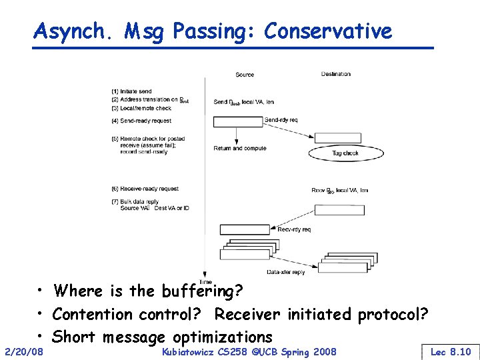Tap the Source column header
(245, 75)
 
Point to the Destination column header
(335, 74)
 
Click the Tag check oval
(345, 153)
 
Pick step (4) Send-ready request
(141, 121)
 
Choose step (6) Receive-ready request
(145, 189)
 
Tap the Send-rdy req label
(281, 120)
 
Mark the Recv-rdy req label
(294, 229)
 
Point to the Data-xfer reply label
(285, 272)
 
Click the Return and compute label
(239, 148)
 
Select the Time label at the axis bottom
(205, 282)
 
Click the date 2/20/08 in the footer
(23, 351)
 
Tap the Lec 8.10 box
(451, 351)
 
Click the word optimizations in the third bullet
(222, 337)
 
